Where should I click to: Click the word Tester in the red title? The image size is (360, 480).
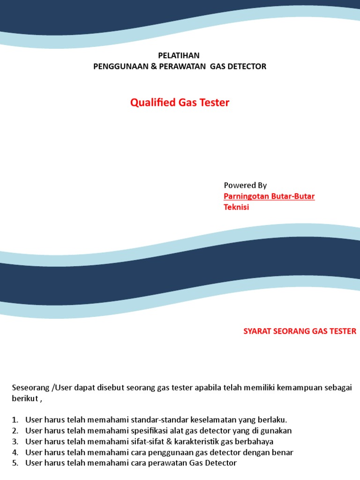(214, 103)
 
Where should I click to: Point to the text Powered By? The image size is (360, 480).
(245, 185)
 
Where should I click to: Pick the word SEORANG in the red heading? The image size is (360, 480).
(293, 331)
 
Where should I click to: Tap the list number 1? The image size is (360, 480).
(14, 420)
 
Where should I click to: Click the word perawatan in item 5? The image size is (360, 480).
(164, 463)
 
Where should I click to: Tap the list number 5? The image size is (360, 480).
(14, 463)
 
